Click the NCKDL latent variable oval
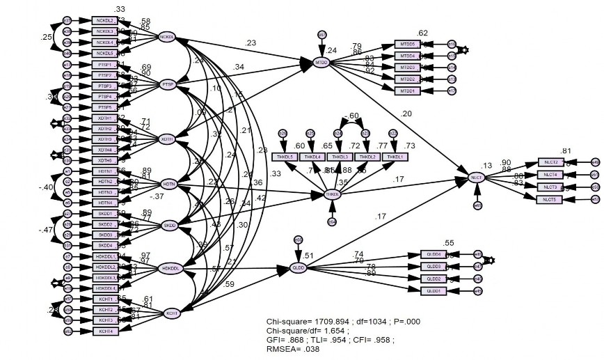pyautogui.click(x=167, y=37)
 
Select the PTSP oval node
pyautogui.click(x=167, y=84)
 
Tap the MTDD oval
pyautogui.click(x=321, y=63)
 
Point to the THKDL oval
pyautogui.click(x=333, y=194)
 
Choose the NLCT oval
pyautogui.click(x=477, y=178)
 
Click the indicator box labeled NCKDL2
pyautogui.click(x=104, y=20)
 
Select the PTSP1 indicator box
pyautogui.click(x=104, y=64)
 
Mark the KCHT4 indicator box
pyautogui.click(x=104, y=331)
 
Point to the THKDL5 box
pyautogui.click(x=285, y=157)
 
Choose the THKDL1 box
pyautogui.click(x=394, y=157)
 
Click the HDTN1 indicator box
pyautogui.click(x=104, y=171)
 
